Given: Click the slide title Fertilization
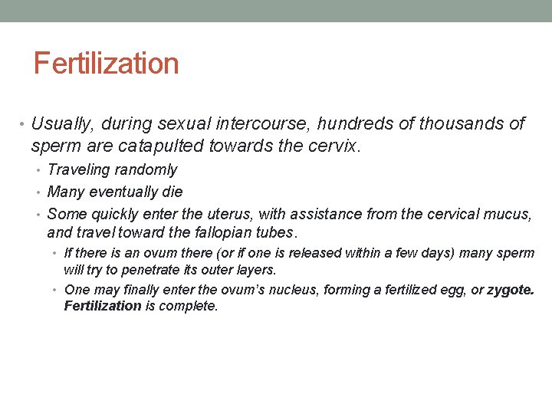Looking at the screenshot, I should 106,63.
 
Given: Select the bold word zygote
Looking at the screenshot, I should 510,289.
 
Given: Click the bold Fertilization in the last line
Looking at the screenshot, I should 103,306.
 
